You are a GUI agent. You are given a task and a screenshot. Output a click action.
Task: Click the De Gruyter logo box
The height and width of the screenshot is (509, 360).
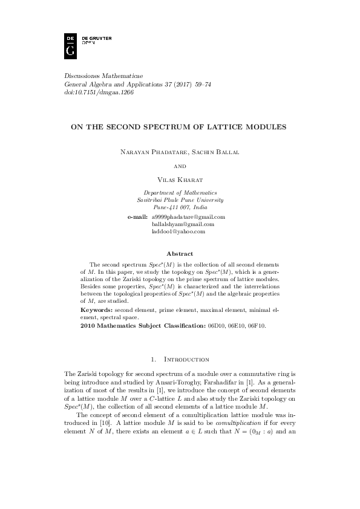coord(70,45)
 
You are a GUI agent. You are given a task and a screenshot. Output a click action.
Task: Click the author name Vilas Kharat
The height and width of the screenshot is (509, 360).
coord(180,180)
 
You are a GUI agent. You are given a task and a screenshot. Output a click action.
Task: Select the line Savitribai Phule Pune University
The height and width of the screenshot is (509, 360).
coord(180,199)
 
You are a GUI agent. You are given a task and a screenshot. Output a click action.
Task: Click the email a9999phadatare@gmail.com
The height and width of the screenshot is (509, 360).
coord(188,216)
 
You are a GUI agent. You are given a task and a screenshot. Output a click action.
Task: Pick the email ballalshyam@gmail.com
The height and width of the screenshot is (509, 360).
coord(183,224)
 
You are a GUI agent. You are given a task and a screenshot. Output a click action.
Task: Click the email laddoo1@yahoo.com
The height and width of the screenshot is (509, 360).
coord(178,231)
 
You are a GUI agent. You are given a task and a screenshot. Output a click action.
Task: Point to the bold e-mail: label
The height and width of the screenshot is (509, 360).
coord(137,216)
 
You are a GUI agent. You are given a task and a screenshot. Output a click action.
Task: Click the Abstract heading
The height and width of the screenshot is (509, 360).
coord(180,254)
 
